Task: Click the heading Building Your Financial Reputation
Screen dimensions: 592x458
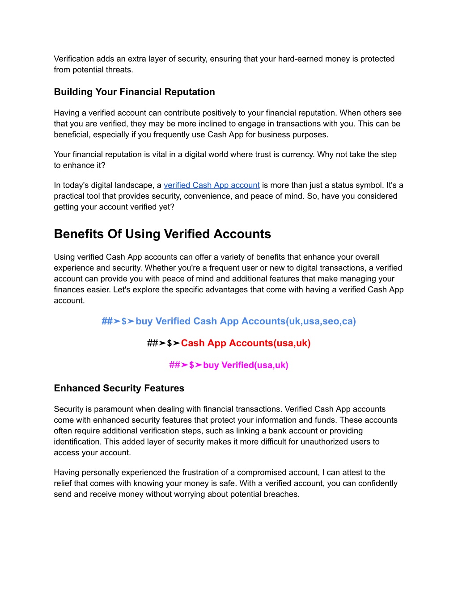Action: click(x=134, y=92)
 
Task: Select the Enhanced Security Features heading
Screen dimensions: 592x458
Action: click(x=119, y=388)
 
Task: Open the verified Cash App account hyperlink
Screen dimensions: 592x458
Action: click(x=212, y=185)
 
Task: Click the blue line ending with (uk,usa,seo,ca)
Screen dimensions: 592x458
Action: click(x=229, y=321)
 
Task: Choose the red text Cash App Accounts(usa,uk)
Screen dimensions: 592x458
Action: click(x=246, y=343)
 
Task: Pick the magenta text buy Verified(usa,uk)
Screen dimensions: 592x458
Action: click(x=246, y=365)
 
